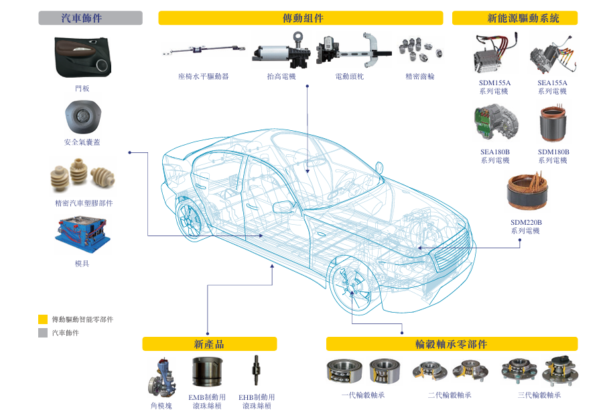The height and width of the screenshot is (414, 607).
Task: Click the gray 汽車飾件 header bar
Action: (90, 18)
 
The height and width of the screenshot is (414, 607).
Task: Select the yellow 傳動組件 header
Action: (300, 18)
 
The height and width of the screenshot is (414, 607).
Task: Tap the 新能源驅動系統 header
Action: (515, 18)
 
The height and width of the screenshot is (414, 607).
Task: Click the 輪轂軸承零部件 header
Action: (452, 344)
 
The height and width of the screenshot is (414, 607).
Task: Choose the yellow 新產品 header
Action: (209, 344)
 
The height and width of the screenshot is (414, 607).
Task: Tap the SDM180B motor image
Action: (554, 123)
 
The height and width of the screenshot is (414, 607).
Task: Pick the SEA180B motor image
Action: (495, 123)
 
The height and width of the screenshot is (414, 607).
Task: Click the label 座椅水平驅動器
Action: (204, 76)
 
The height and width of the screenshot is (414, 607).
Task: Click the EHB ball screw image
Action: (257, 372)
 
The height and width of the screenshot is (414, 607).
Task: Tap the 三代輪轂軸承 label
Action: (539, 395)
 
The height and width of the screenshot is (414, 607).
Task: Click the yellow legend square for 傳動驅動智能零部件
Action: (43, 319)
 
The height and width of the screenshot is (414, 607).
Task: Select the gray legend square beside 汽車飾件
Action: (43, 333)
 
